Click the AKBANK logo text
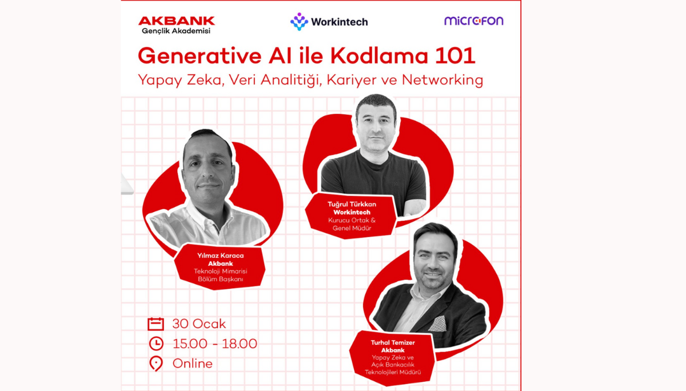pos(176,21)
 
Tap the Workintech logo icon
pos(299,22)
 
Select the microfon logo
pos(473,21)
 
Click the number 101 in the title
pos(454,56)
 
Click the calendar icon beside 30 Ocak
pos(155,324)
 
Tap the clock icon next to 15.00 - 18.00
pos(155,344)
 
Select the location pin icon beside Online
pos(155,364)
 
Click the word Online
pos(192,364)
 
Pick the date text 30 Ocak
pos(199,324)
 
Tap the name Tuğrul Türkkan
pos(352,204)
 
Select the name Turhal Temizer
pos(393,342)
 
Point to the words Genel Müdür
pos(352,228)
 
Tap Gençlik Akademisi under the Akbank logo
pos(176,31)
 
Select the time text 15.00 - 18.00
pos(214,344)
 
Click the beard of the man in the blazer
pos(434,282)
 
